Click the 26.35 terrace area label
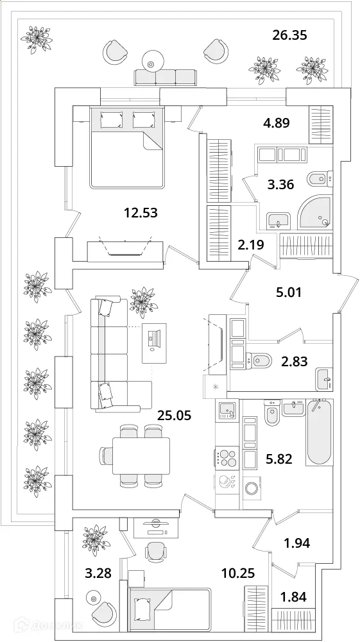tap(289, 35)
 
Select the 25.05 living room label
tap(175, 415)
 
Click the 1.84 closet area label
tap(293, 596)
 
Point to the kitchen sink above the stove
tap(227, 409)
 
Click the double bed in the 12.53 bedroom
tap(127, 148)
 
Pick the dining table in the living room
tap(141, 455)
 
